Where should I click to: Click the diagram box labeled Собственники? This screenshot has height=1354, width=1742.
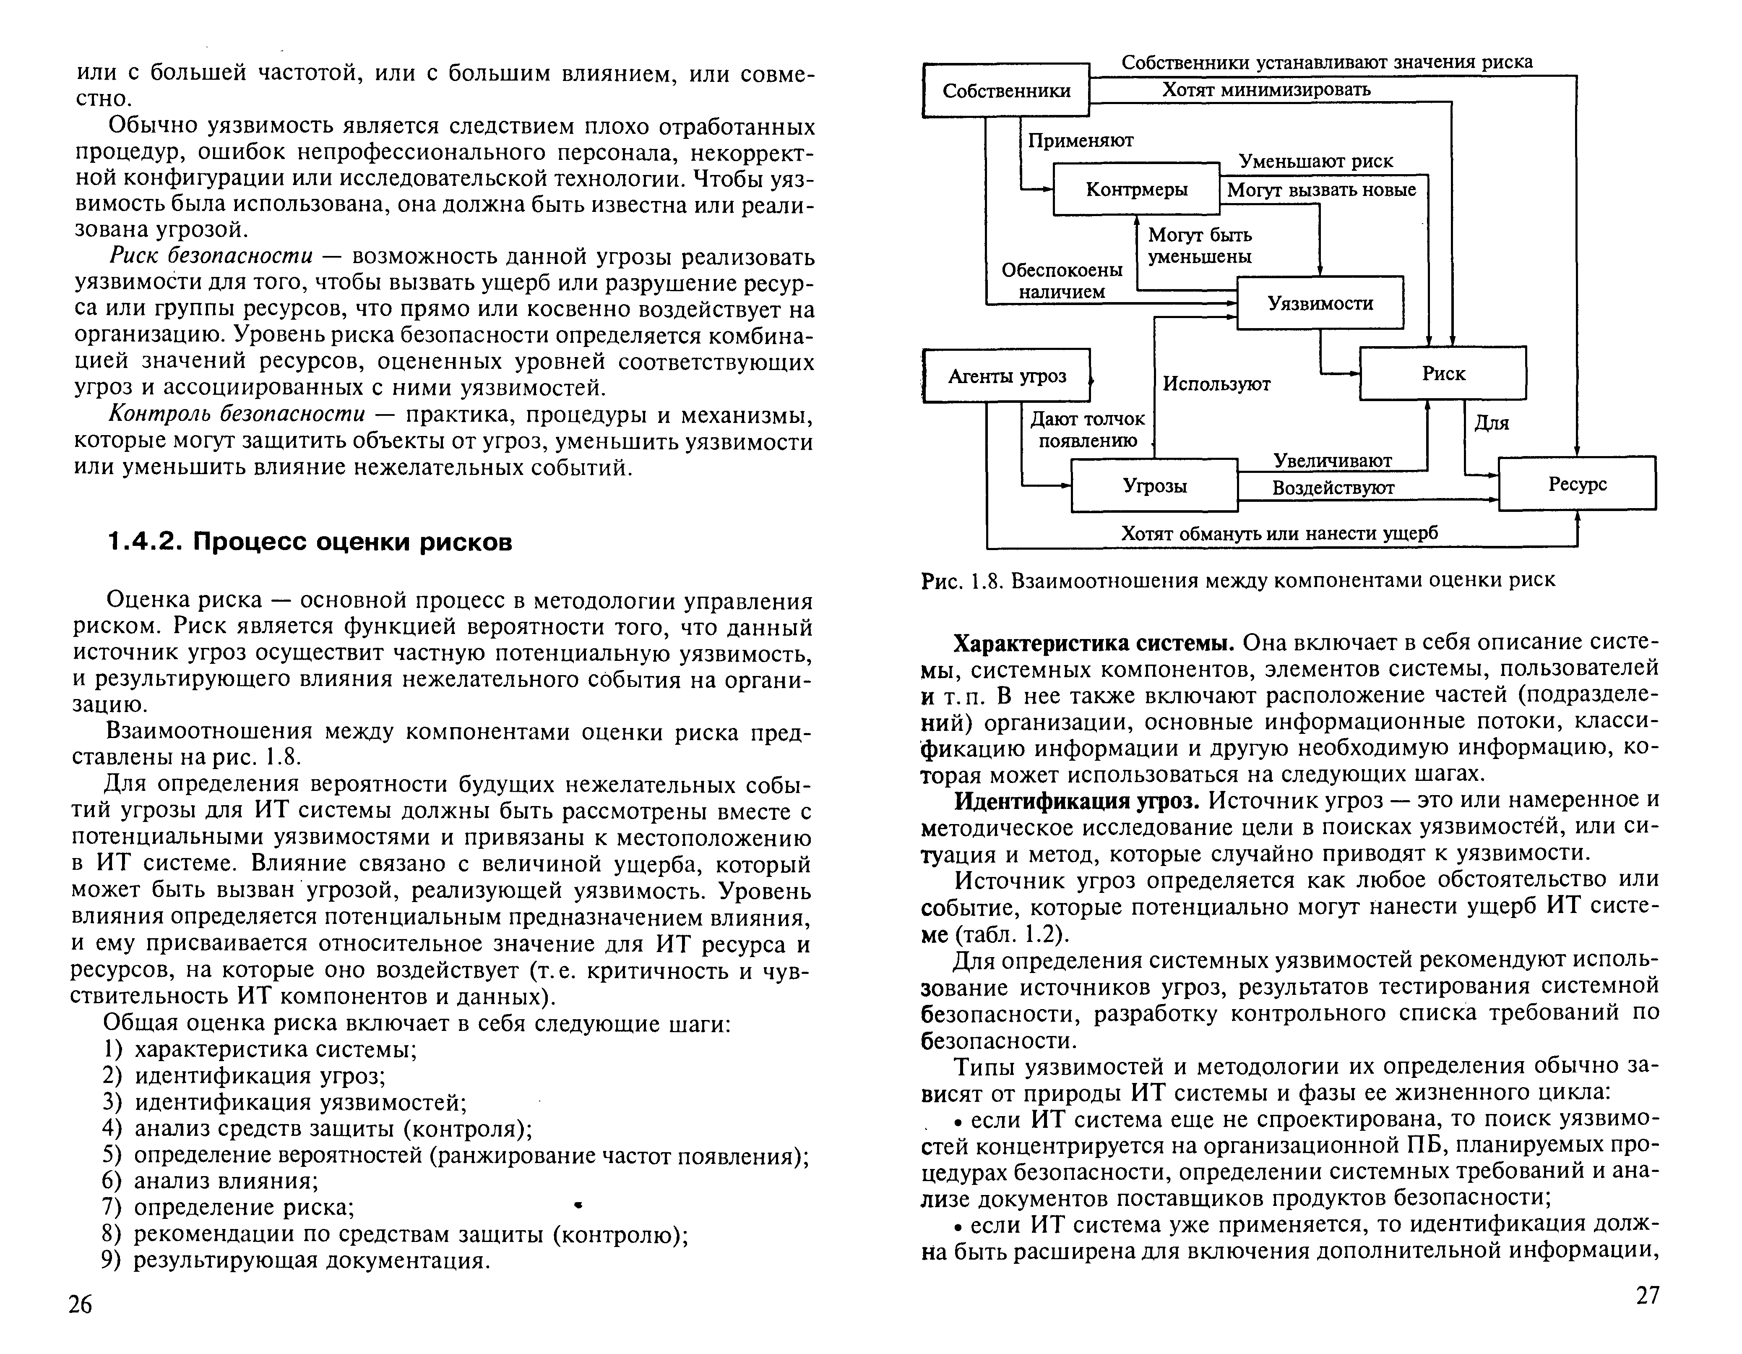[x=1006, y=90]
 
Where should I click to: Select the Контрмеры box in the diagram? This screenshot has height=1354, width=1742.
[x=1137, y=189]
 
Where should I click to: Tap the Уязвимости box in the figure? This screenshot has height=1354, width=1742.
[x=1320, y=303]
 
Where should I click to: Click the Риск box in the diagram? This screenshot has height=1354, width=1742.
[x=1443, y=373]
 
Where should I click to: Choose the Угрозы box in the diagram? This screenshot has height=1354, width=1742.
[x=1154, y=485]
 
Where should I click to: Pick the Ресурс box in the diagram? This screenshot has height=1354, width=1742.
[x=1577, y=483]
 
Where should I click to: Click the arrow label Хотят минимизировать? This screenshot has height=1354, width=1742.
[x=1266, y=89]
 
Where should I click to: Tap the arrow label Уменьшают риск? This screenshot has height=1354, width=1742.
[x=1315, y=161]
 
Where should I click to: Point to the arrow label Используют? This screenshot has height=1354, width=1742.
[x=1216, y=384]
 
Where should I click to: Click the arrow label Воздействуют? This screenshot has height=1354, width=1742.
[x=1333, y=488]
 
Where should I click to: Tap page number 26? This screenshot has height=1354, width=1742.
[x=81, y=1304]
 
